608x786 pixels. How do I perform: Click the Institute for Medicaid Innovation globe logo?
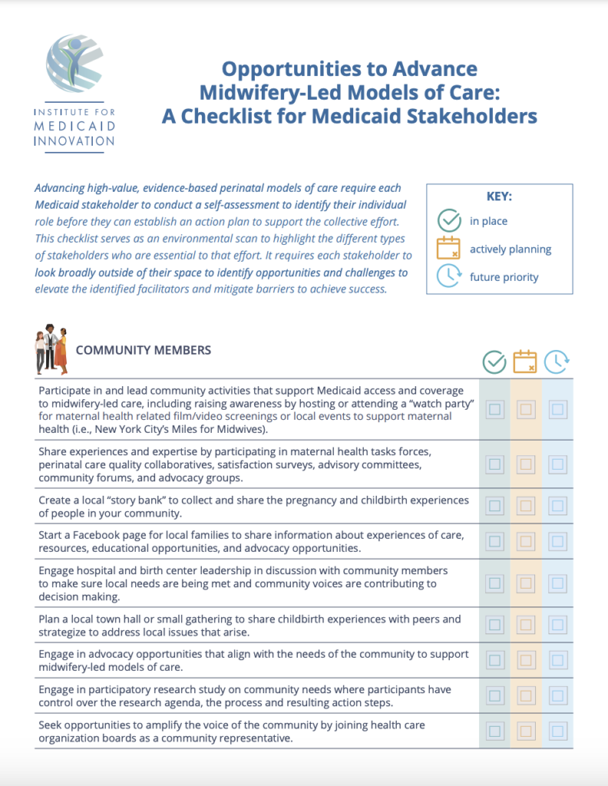(74, 64)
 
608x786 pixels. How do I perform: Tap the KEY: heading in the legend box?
(499, 196)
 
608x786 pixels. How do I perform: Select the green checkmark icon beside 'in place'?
(448, 221)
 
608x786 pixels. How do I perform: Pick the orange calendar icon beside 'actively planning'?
(448, 249)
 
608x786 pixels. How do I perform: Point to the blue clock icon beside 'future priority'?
(448, 276)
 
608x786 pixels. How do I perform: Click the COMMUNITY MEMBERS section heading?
(144, 350)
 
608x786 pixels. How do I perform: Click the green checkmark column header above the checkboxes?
(494, 362)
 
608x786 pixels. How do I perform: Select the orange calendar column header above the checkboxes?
(525, 362)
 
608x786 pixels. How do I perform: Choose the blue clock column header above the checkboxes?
(557, 362)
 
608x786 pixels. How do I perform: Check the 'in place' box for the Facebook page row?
(495, 541)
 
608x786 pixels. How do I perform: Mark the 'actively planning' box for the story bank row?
(526, 506)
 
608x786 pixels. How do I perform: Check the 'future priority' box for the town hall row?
(557, 626)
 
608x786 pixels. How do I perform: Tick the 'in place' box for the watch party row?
(495, 410)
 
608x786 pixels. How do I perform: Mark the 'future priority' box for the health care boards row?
(557, 731)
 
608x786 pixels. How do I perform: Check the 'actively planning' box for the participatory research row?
(526, 695)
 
